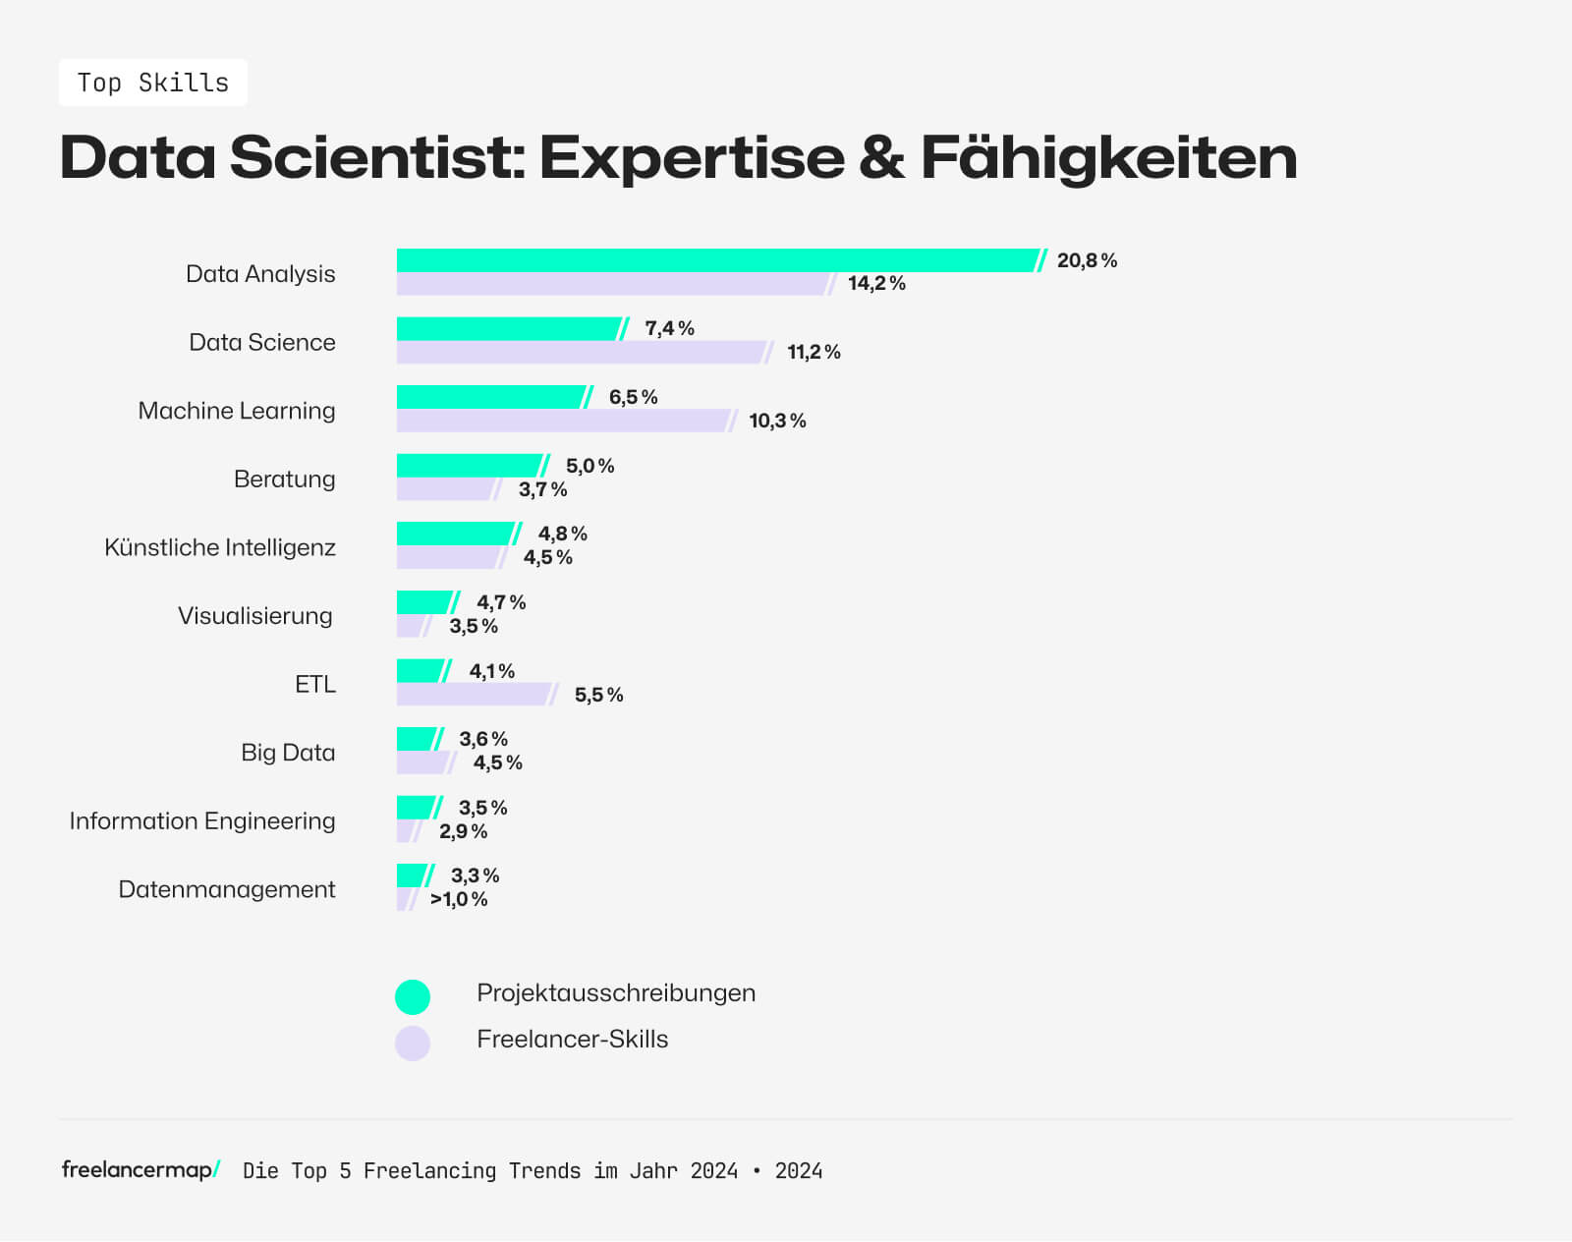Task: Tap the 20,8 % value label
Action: coord(1087,260)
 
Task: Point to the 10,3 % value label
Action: coord(777,421)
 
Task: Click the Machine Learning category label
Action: coord(237,411)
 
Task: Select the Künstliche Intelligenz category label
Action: coord(220,547)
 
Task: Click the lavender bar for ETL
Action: coord(474,695)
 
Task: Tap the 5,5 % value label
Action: coord(598,695)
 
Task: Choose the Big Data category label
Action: coord(288,753)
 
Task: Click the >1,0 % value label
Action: coord(459,899)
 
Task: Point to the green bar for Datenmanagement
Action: coord(412,875)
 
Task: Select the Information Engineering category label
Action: coord(202,820)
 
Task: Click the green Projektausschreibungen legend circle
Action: coord(413,996)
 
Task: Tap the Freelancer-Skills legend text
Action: coord(572,1040)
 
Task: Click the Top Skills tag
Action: coord(153,83)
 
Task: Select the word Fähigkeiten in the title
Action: coord(1108,157)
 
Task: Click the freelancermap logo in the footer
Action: coord(140,1169)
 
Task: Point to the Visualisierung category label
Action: coord(255,616)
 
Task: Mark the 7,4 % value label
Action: coord(669,328)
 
